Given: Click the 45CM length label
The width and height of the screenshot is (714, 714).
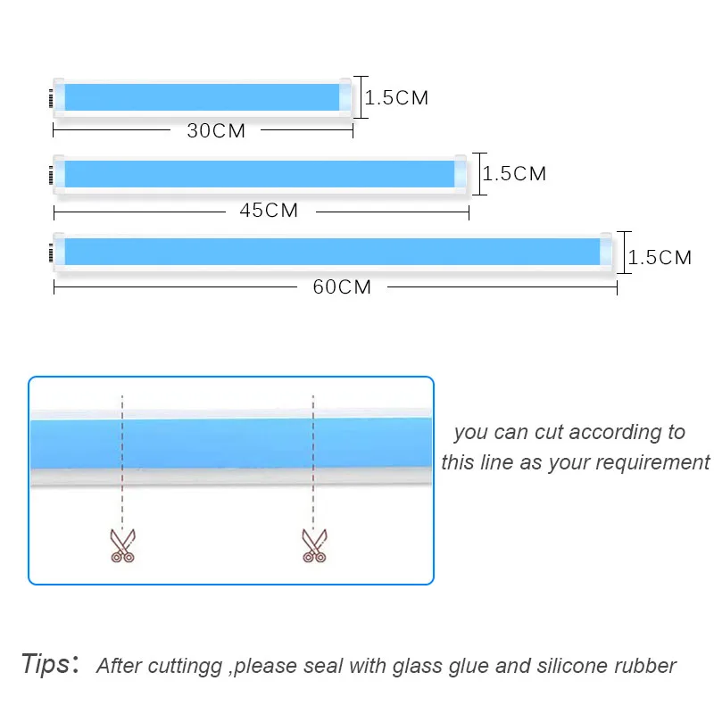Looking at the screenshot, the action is coord(269,212).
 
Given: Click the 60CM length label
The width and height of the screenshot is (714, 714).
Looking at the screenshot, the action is coord(342,287).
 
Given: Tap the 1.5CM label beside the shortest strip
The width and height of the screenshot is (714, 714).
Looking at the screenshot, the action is coord(397,98).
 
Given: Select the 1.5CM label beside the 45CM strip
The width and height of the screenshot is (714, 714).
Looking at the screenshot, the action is coord(515,174).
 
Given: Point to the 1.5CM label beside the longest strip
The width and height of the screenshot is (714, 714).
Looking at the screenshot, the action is coord(660,258).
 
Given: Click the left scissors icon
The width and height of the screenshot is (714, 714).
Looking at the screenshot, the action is coord(122,544).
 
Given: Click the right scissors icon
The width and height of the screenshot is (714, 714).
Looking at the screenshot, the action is coord(312,544).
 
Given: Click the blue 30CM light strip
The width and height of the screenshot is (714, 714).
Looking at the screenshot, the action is coord(203,97).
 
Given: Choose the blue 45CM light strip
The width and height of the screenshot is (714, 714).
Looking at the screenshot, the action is coord(260,174).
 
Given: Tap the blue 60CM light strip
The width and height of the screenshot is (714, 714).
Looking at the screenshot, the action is coord(332,251).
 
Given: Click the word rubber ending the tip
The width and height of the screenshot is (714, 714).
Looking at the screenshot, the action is coord(645,666).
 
